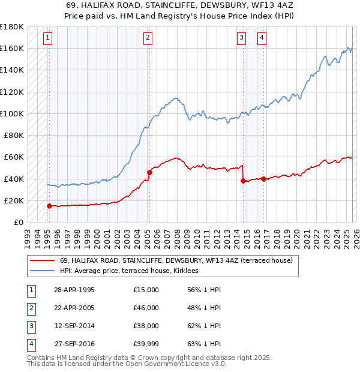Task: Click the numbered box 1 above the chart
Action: pyautogui.click(x=47, y=38)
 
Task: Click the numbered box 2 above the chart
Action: pyautogui.click(x=148, y=38)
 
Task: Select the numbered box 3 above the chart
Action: pyautogui.click(x=241, y=38)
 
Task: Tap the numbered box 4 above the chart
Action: pyautogui.click(x=262, y=38)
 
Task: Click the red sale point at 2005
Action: pyautogui.click(x=149, y=172)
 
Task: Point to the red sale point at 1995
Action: pyautogui.click(x=50, y=206)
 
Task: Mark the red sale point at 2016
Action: pyautogui.click(x=263, y=179)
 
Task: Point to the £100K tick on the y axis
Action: pyautogui.click(x=12, y=113)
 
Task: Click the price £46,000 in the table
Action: pyautogui.click(x=146, y=308)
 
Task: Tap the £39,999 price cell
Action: pyautogui.click(x=146, y=344)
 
